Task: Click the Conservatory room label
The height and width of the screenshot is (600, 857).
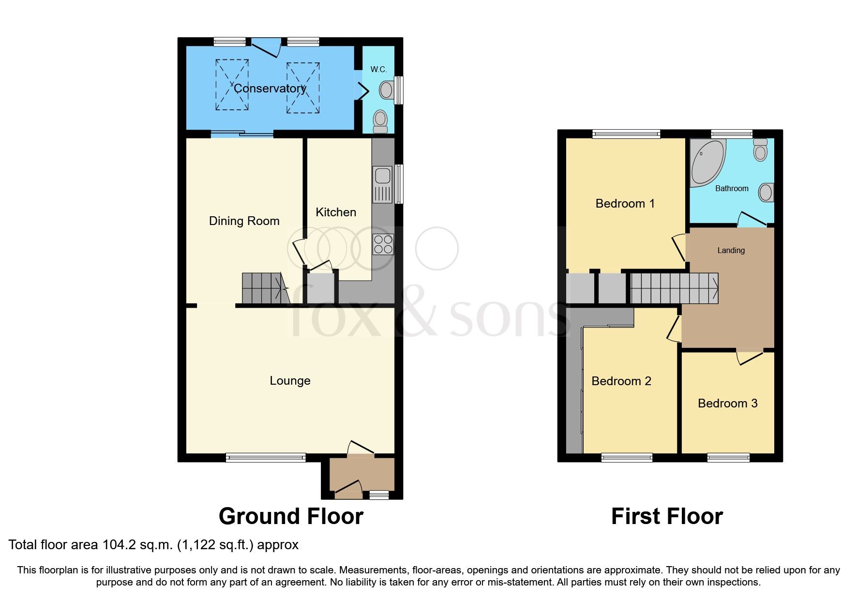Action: pos(270,89)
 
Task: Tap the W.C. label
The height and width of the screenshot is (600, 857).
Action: pos(378,70)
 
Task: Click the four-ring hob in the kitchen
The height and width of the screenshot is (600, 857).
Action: pos(383,244)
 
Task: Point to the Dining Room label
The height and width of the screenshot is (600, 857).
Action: pos(244,221)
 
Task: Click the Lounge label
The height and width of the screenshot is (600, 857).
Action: pos(290,381)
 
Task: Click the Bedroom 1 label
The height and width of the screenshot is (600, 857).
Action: pos(625,204)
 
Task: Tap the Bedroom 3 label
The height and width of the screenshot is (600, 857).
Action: pos(727,404)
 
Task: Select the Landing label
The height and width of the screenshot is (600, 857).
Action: pos(731,251)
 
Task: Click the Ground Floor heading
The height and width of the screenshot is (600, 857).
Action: pos(291,516)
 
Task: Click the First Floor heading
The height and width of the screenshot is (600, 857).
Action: pos(667,516)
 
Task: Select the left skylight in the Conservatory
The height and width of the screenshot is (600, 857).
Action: pos(232,85)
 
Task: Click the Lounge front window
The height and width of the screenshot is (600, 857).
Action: pos(266,457)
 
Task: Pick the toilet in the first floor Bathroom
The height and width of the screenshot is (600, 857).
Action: pos(760,150)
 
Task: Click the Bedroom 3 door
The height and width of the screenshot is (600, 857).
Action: pos(750,357)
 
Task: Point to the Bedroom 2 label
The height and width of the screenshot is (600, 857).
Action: pos(621,381)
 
